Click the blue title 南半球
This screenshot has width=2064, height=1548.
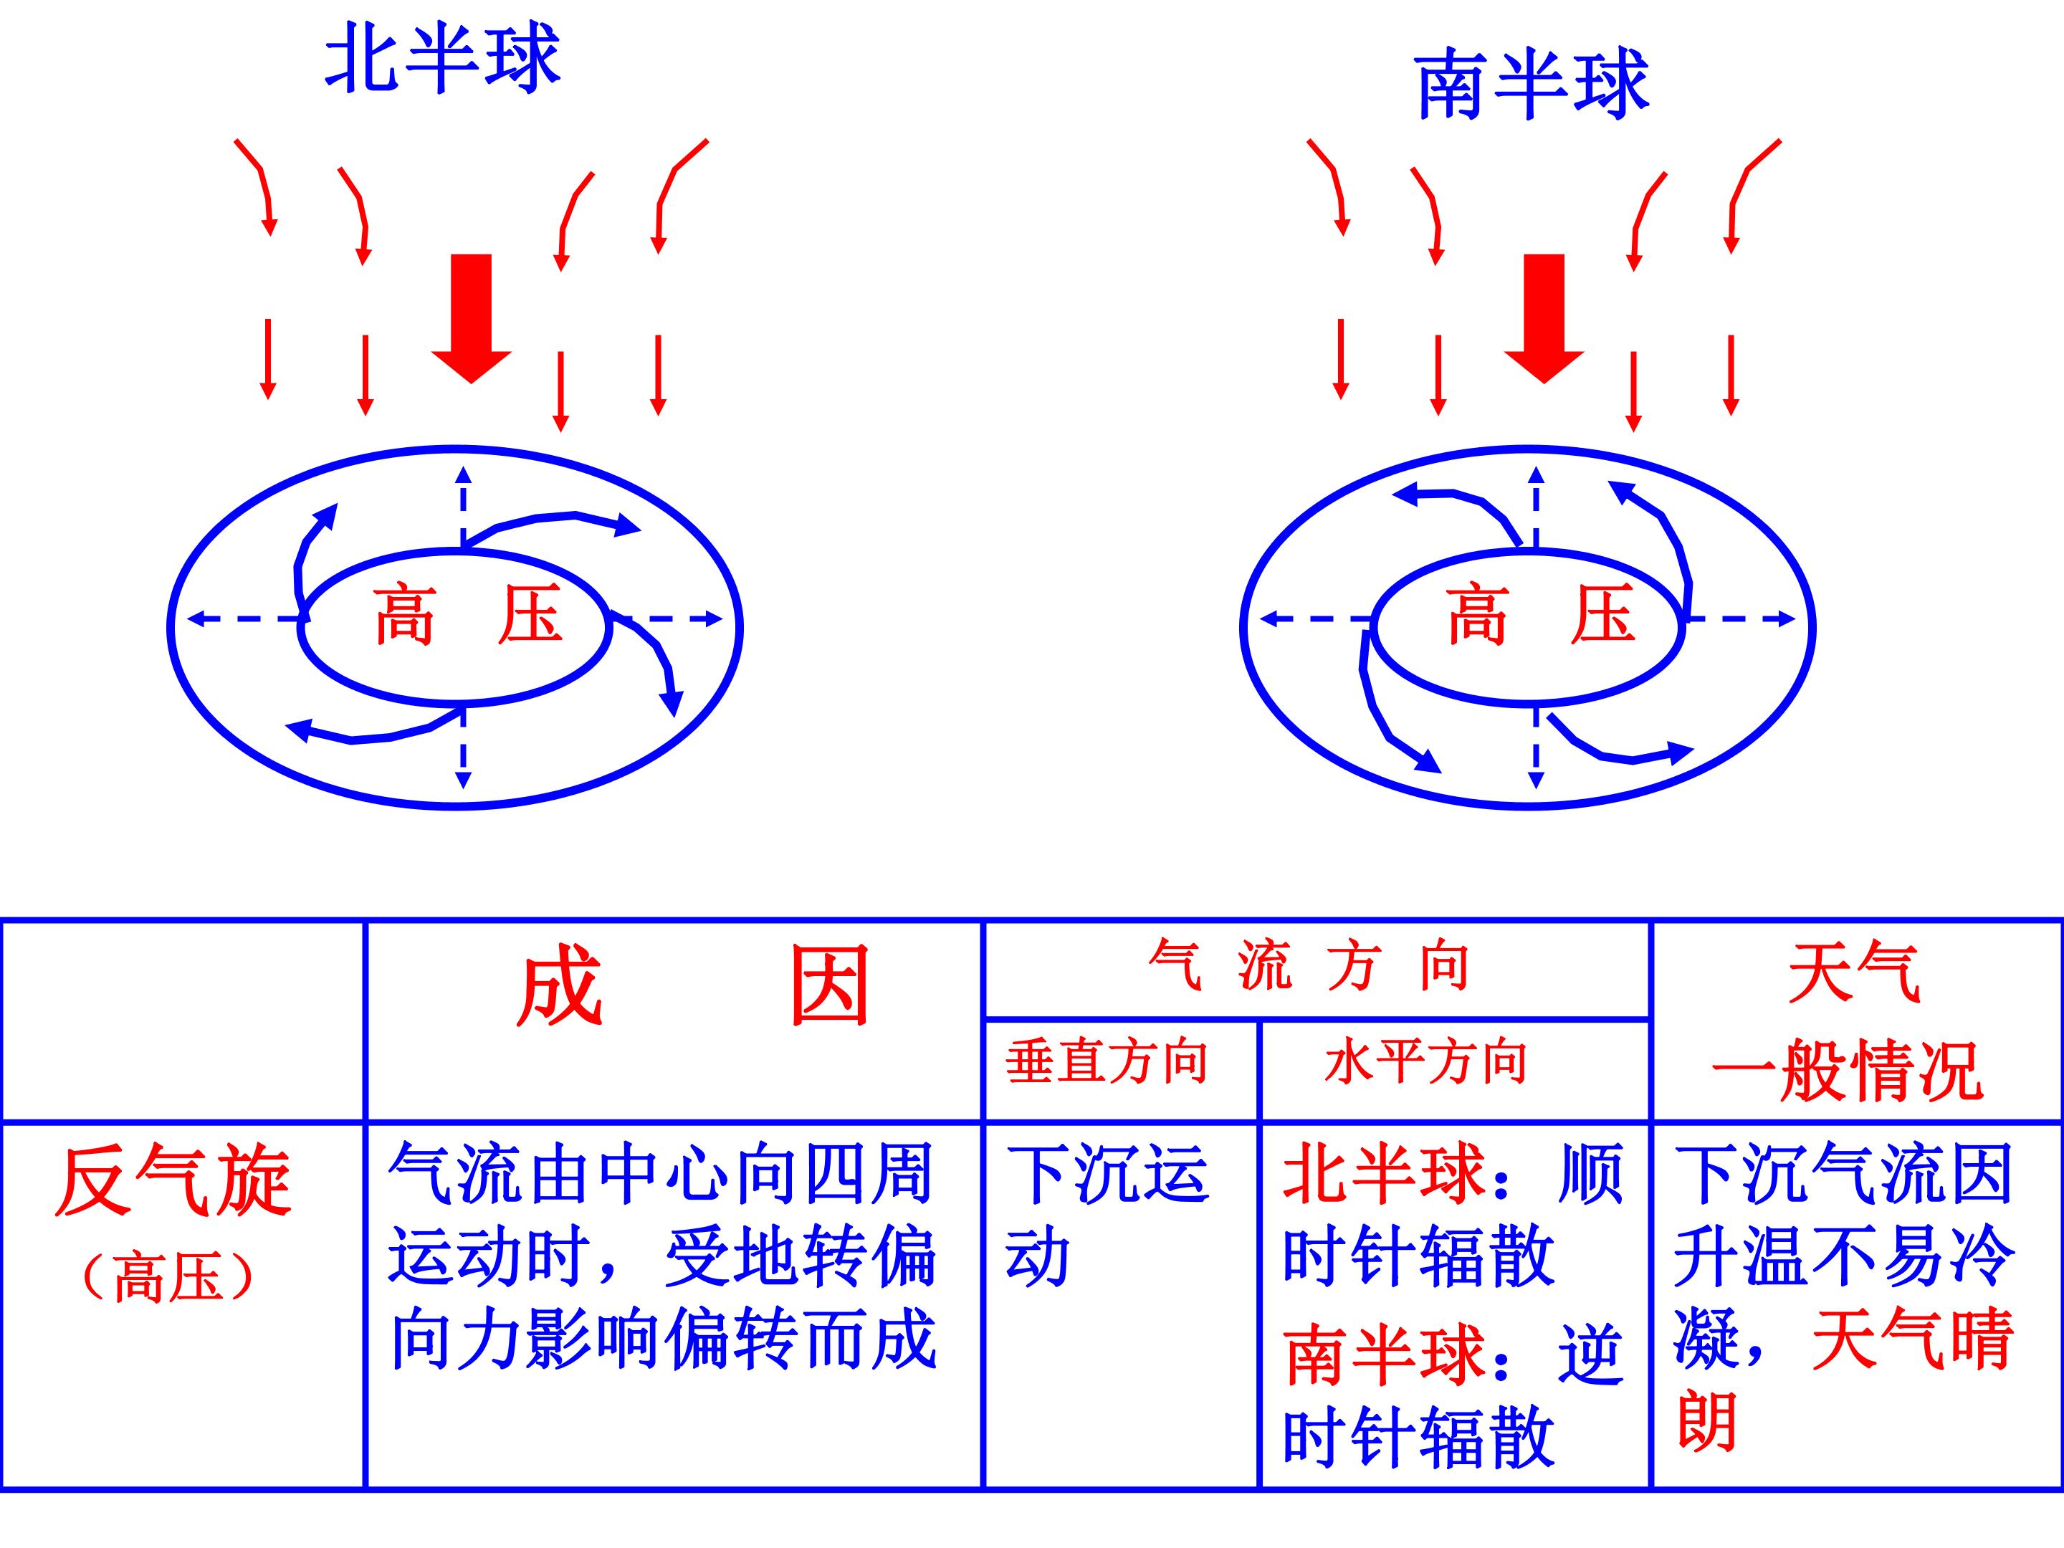(x=1532, y=85)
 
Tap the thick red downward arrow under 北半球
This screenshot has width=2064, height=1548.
(x=472, y=318)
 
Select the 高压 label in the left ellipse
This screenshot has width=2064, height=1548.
(x=469, y=615)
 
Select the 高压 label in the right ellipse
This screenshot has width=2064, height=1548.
(x=1542, y=615)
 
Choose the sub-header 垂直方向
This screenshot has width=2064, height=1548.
(x=1107, y=1063)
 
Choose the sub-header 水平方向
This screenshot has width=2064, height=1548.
(x=1425, y=1063)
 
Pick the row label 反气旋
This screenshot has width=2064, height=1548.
(x=174, y=1181)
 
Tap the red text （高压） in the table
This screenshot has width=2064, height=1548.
(x=168, y=1277)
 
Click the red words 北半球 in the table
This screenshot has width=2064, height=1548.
(x=1384, y=1173)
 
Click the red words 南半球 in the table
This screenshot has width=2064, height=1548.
(x=1384, y=1354)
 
